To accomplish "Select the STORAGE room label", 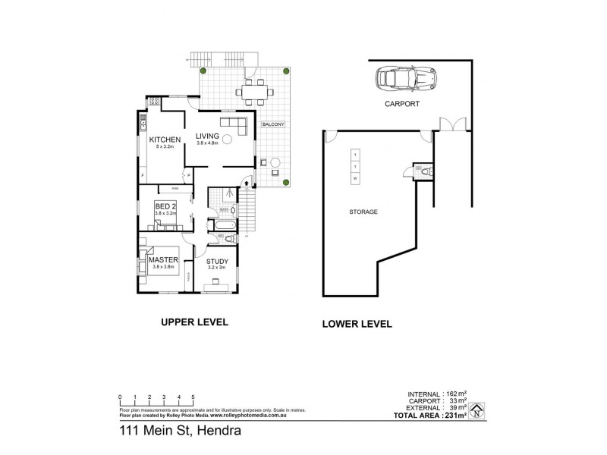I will tap(363, 212).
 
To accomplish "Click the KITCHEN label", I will tap(164, 140).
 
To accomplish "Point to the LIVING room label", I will tap(207, 136).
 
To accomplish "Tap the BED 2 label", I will tap(166, 206).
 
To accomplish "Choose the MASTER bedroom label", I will tap(163, 259).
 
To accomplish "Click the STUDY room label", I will tap(217, 262).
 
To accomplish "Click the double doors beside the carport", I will tap(450, 123).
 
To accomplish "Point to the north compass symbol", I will tap(476, 413).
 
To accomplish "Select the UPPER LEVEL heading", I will tap(194, 322).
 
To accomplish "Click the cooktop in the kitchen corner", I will tap(155, 102).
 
